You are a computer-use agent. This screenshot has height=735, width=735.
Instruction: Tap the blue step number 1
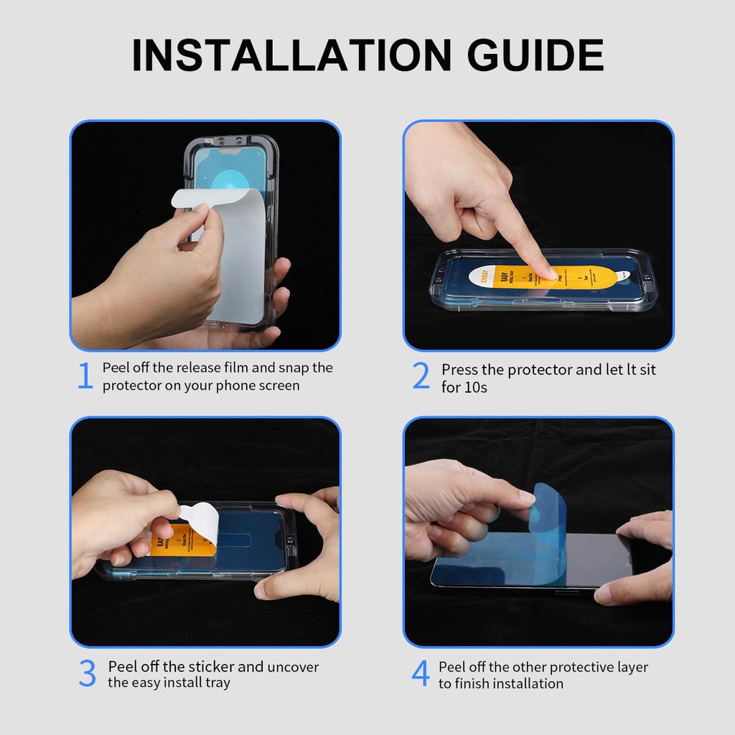point(85,377)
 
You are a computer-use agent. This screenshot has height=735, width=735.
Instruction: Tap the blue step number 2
point(421,377)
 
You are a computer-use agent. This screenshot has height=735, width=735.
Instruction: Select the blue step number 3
point(87,674)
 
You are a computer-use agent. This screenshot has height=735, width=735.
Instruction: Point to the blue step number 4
point(421,674)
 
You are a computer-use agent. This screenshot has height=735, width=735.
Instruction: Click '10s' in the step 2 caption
point(475,388)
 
